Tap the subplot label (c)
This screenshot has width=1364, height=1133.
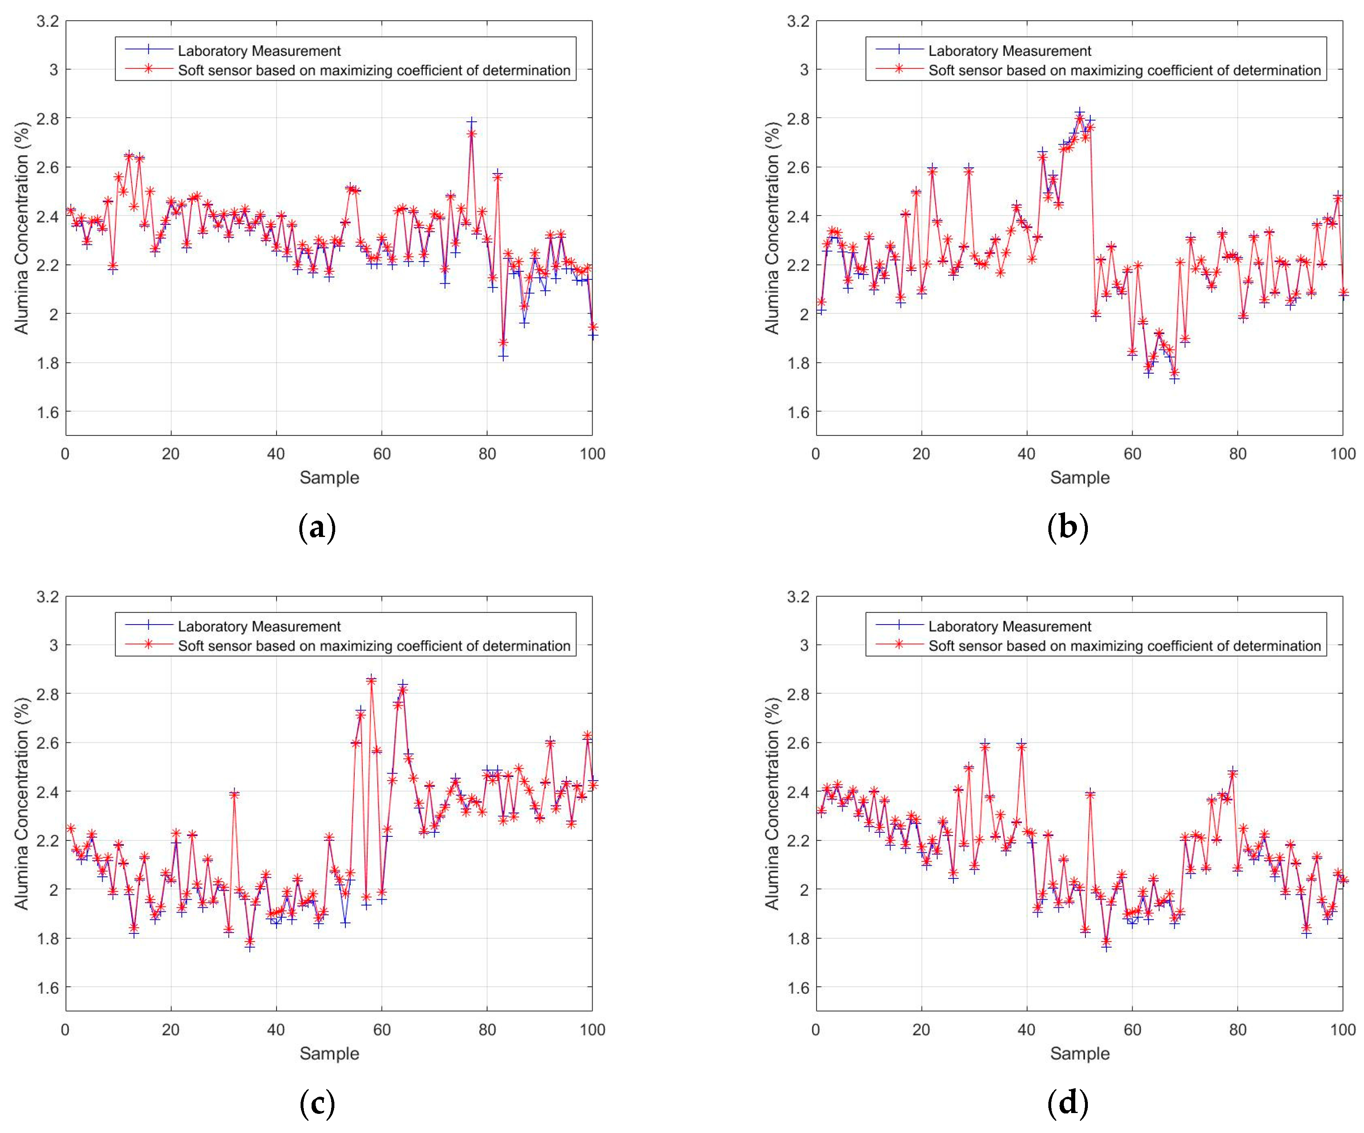(317, 1103)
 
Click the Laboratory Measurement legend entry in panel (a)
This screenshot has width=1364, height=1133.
(259, 51)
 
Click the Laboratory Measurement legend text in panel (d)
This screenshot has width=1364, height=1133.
(1009, 626)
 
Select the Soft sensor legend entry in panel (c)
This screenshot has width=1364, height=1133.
(373, 646)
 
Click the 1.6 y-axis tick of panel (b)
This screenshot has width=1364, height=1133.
(797, 412)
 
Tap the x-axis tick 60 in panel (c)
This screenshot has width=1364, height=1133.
(382, 1030)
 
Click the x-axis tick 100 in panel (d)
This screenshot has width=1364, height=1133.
(1342, 1030)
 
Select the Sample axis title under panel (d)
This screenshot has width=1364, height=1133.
(1079, 1053)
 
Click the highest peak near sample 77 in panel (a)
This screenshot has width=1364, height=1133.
(472, 122)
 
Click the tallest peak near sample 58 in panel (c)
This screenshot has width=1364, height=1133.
(371, 679)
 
